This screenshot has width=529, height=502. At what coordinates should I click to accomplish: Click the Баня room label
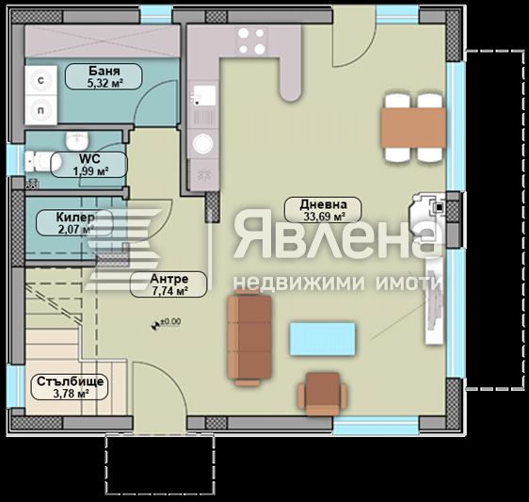point(104,71)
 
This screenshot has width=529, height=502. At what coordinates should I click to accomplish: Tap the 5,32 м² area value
point(104,83)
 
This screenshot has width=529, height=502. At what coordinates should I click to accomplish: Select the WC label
point(89,158)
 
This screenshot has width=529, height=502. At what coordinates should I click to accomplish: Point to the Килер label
point(55,217)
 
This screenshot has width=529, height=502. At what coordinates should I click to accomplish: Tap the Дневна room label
point(323,203)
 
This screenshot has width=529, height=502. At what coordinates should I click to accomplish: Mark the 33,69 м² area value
point(323,216)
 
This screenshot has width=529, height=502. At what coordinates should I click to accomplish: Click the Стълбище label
point(71,381)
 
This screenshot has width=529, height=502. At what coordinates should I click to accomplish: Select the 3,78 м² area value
point(71,395)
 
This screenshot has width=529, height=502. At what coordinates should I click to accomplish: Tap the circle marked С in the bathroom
point(40,82)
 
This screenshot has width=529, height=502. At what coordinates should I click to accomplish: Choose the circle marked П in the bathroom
point(40,109)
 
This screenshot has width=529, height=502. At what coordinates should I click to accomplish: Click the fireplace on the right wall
point(429,215)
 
